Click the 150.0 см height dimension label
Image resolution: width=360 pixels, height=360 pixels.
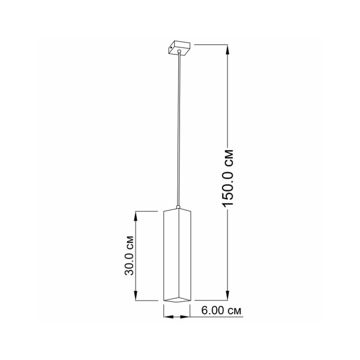coord(228,178)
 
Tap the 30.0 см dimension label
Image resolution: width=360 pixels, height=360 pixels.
coord(129,256)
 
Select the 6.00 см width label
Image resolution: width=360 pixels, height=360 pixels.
coord(221,311)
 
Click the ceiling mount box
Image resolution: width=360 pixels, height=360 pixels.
coord(179,47)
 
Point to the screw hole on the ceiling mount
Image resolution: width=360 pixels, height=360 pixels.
coord(171,47)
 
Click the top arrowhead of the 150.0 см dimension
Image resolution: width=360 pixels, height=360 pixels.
coord(227,50)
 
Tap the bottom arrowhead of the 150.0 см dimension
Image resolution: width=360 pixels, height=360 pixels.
coord(227,295)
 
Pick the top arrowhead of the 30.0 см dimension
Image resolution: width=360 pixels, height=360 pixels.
coord(136,216)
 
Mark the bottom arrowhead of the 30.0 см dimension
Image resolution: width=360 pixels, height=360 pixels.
coord(136,295)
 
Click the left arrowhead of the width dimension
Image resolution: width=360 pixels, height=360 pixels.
coord(169,317)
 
